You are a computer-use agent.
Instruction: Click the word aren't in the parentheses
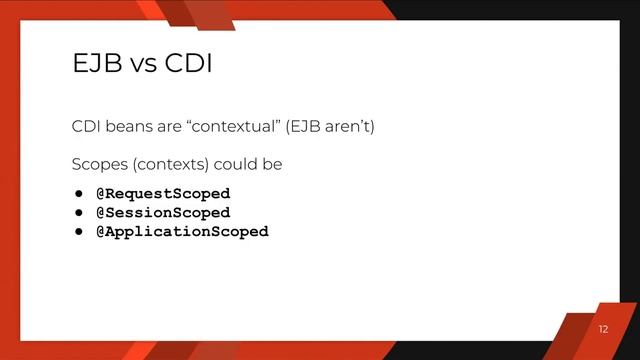tap(350, 128)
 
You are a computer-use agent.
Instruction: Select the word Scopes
tap(97, 163)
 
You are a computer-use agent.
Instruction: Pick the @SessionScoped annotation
tap(163, 212)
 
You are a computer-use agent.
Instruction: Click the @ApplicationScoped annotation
tap(182, 231)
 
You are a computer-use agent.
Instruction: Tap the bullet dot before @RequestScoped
tap(76, 193)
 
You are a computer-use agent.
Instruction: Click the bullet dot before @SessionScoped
tap(76, 212)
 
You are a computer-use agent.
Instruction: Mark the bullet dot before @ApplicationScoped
tap(76, 231)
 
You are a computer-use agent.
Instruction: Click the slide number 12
tap(602, 330)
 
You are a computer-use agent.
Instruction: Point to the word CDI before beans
tap(85, 128)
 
